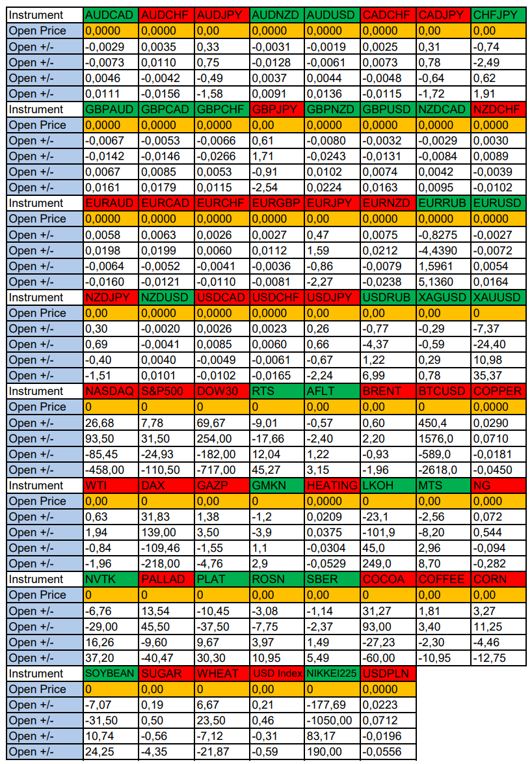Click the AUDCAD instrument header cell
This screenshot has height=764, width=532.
pyautogui.click(x=111, y=15)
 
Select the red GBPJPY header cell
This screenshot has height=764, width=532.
pyautogui.click(x=276, y=109)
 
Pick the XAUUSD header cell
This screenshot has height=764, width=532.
pyautogui.click(x=498, y=297)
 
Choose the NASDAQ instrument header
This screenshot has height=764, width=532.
pyautogui.click(x=111, y=391)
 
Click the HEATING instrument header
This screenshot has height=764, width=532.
pyautogui.click(x=332, y=485)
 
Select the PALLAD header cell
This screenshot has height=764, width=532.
pyautogui.click(x=166, y=579)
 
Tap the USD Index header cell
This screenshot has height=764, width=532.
pyautogui.click(x=276, y=674)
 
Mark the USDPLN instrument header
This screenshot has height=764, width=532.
pyautogui.click(x=388, y=674)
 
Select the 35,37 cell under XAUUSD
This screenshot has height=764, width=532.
pyautogui.click(x=498, y=375)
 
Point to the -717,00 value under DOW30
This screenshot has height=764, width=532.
pyautogui.click(x=221, y=470)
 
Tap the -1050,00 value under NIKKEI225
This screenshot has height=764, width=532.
pyautogui.click(x=332, y=720)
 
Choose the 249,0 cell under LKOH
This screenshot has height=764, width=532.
pyautogui.click(x=388, y=564)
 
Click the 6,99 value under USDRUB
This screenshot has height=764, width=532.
pyautogui.click(x=388, y=375)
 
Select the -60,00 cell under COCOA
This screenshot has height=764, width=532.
pyautogui.click(x=388, y=658)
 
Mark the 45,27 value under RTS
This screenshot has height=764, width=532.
pyautogui.click(x=276, y=470)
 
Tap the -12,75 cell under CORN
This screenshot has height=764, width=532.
pyautogui.click(x=498, y=658)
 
